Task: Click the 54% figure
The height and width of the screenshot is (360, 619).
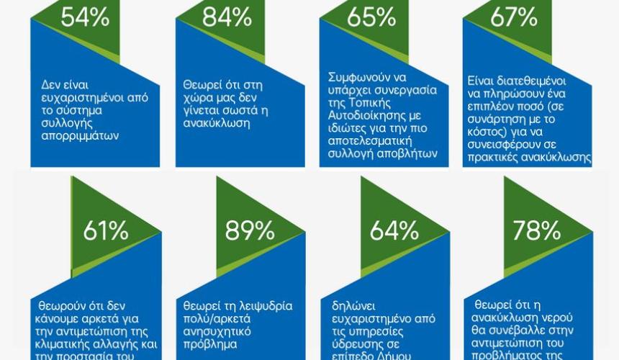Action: [85, 17]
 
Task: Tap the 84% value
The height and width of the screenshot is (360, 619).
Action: [227, 17]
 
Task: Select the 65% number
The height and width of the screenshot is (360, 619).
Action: [371, 17]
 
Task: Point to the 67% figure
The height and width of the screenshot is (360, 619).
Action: [514, 17]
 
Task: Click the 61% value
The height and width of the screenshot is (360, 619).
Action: [106, 231]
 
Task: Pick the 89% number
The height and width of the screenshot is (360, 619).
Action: [250, 231]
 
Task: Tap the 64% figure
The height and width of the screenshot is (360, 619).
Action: [394, 231]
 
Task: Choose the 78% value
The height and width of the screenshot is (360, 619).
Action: [536, 231]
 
